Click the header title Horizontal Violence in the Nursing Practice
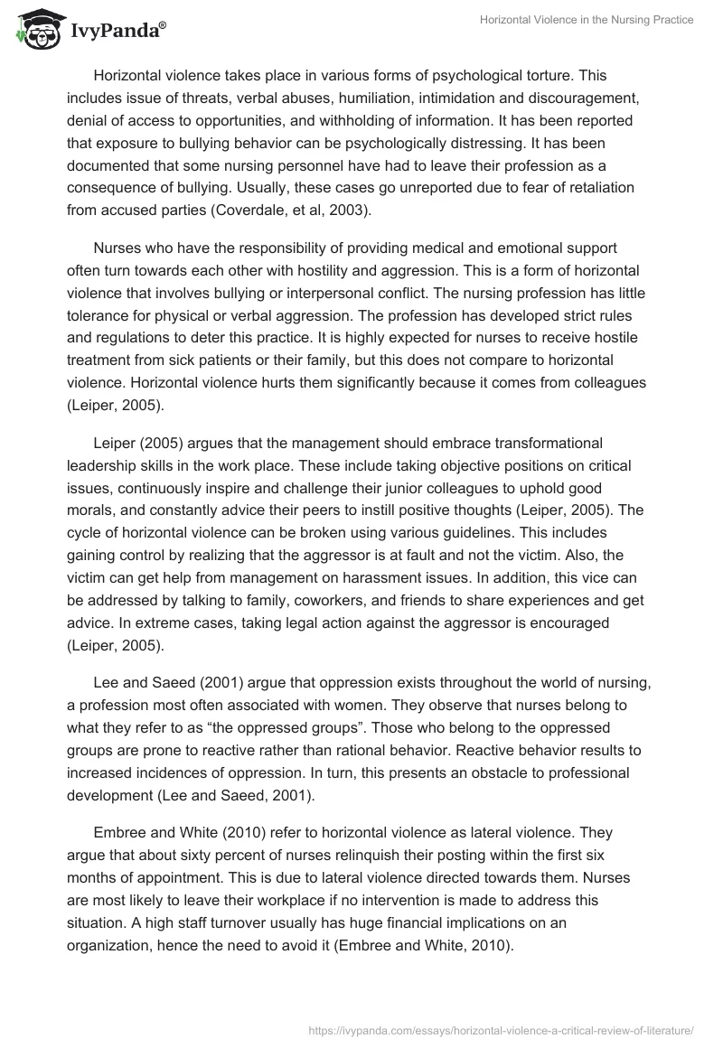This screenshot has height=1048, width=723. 586,20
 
